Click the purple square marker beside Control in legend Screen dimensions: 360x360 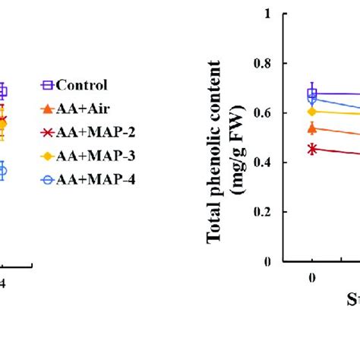[x=46, y=85]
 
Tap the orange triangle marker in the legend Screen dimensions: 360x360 [x=46, y=109]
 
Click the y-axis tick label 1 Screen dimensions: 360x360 [x=267, y=14]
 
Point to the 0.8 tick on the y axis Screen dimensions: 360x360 [x=262, y=63]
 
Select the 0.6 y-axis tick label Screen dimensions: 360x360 [x=262, y=112]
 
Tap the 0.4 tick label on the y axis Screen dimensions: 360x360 [x=262, y=163]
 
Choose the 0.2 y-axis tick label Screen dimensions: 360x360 [x=262, y=212]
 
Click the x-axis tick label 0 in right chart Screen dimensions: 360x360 [x=312, y=277]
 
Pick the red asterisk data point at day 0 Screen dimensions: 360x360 [x=312, y=149]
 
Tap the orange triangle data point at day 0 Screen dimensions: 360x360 [x=312, y=128]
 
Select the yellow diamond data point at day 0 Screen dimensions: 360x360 [x=312, y=111]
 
